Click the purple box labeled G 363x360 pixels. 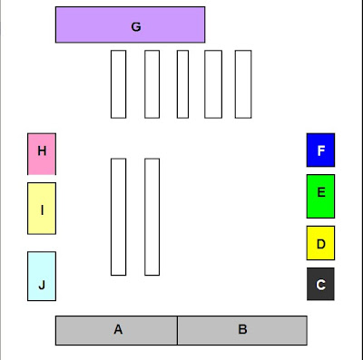click(130, 24)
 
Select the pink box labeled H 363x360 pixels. click(42, 154)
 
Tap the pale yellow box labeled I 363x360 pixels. click(42, 209)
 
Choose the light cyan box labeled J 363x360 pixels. click(42, 276)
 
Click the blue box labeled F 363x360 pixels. click(320, 150)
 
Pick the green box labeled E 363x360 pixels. click(320, 196)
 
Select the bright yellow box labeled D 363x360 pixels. click(320, 243)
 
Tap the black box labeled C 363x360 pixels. click(320, 284)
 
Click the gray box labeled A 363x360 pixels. click(116, 330)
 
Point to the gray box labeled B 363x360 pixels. click(242, 330)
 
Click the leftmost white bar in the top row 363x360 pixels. click(118, 84)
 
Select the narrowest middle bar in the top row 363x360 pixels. click(182, 84)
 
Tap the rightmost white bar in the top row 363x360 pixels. click(243, 84)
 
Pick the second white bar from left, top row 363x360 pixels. click(152, 84)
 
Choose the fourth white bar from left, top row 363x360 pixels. click(213, 84)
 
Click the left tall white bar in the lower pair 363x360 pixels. click(118, 217)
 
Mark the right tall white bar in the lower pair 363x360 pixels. click(152, 217)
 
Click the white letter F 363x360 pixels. click(321, 151)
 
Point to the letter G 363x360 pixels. click(136, 27)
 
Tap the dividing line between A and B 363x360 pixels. click(177, 330)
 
